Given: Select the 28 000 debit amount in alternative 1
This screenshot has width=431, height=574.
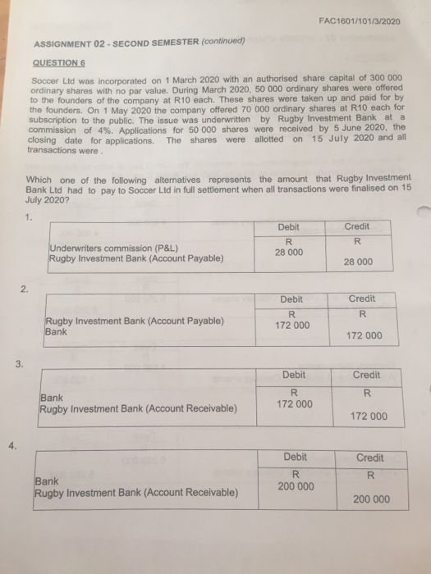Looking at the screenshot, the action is click(x=289, y=253).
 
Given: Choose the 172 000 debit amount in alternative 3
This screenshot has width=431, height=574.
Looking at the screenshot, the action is click(x=294, y=404).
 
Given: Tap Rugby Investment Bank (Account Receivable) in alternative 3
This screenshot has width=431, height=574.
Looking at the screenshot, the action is click(x=137, y=408).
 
